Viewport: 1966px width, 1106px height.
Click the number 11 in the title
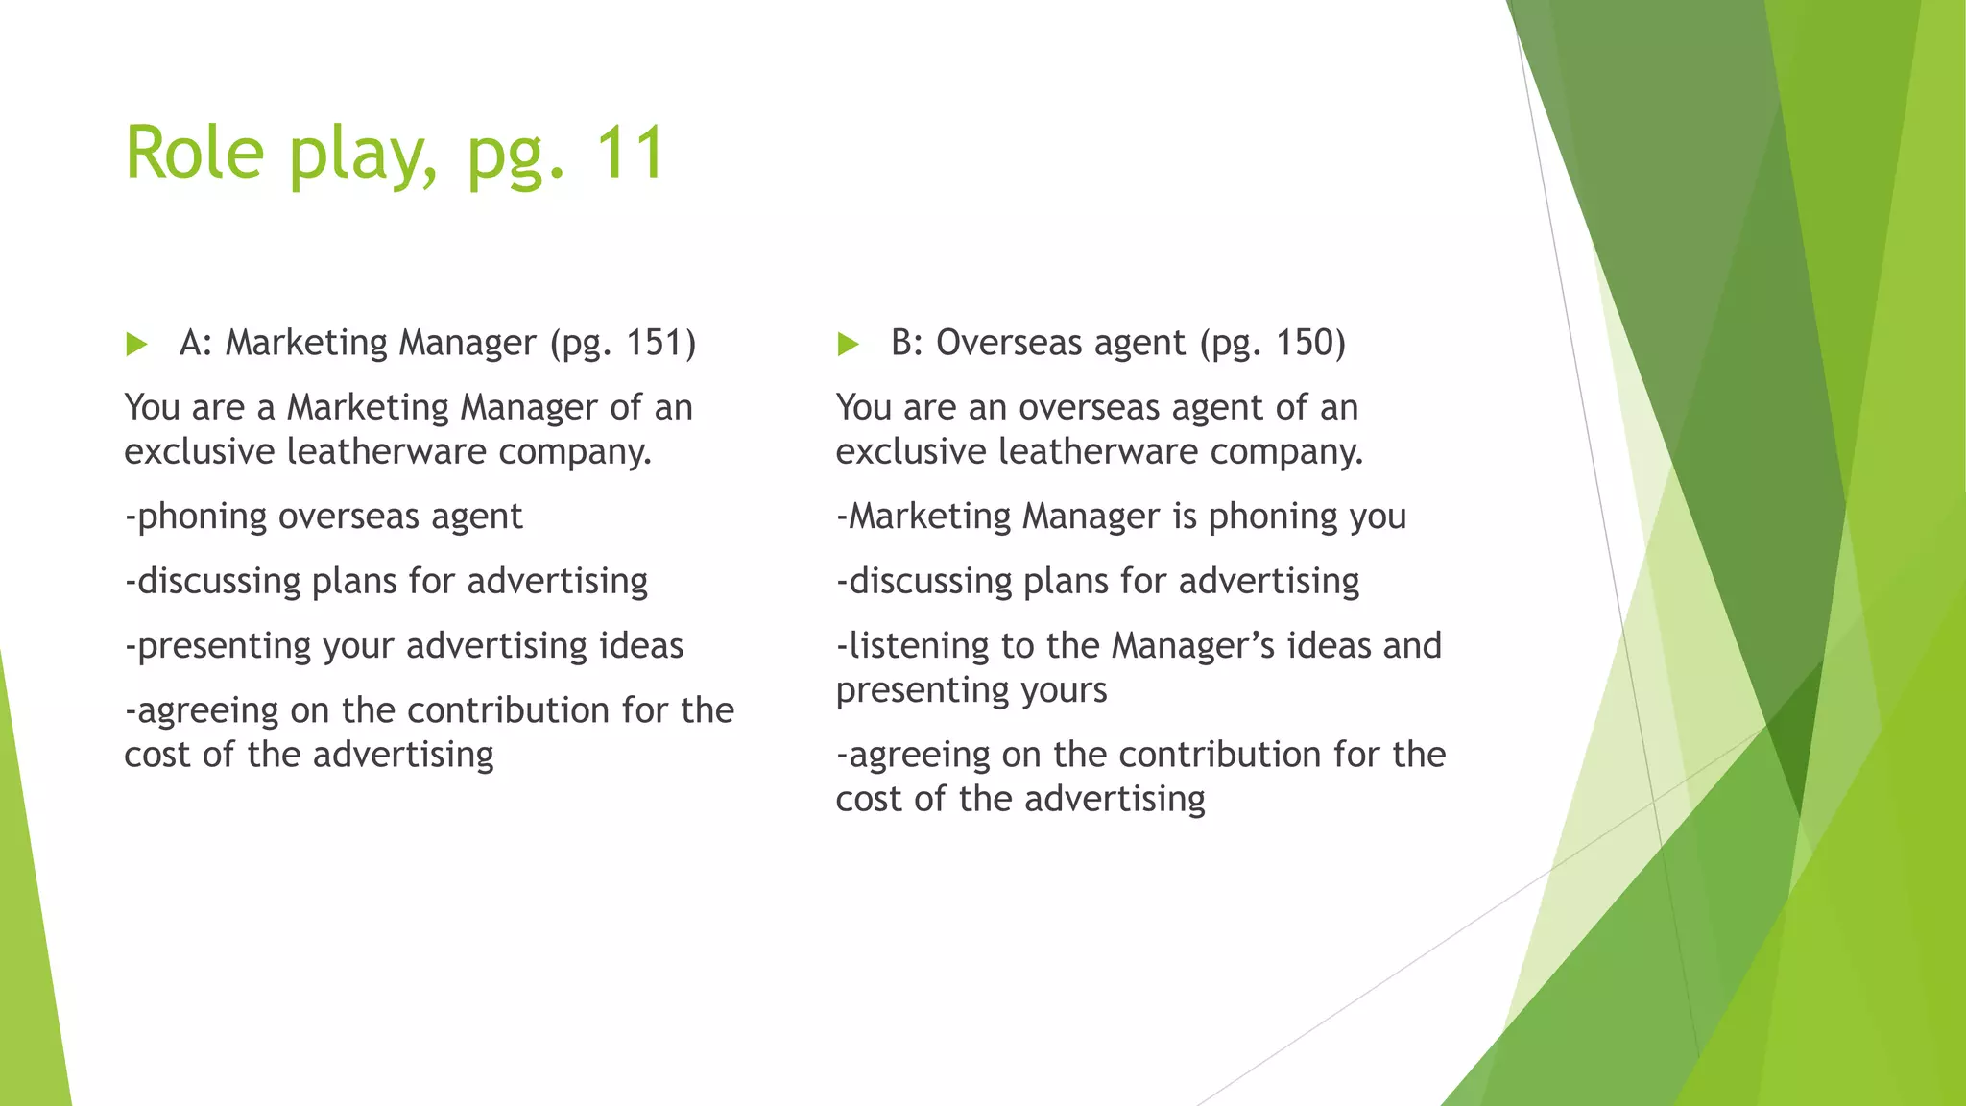point(629,154)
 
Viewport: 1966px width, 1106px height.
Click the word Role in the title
point(194,154)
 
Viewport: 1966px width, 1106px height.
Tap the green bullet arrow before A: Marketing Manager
point(136,345)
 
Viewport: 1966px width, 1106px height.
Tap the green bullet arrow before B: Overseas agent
point(848,345)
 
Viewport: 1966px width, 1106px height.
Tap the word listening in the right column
point(919,647)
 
